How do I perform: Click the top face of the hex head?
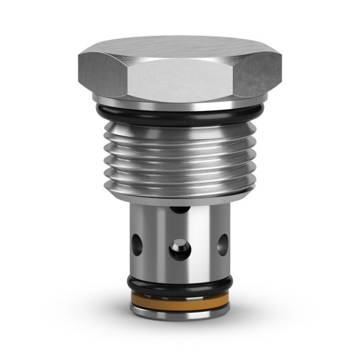(180, 47)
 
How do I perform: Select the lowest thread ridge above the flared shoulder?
(180, 185)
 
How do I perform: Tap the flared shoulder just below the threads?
(180, 195)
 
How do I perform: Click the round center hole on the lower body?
(179, 249)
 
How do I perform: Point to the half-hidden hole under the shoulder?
(178, 210)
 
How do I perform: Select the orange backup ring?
(180, 298)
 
